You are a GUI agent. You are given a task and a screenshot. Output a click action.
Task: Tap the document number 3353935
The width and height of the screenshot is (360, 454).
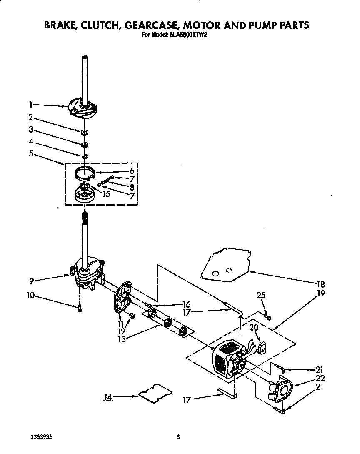click(x=41, y=437)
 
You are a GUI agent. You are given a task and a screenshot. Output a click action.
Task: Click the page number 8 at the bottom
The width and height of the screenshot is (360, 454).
click(x=178, y=437)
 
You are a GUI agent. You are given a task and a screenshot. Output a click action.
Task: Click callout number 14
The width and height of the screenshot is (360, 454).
click(x=108, y=397)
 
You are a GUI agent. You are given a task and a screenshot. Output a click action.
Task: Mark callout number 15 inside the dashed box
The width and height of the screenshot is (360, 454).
click(x=106, y=194)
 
